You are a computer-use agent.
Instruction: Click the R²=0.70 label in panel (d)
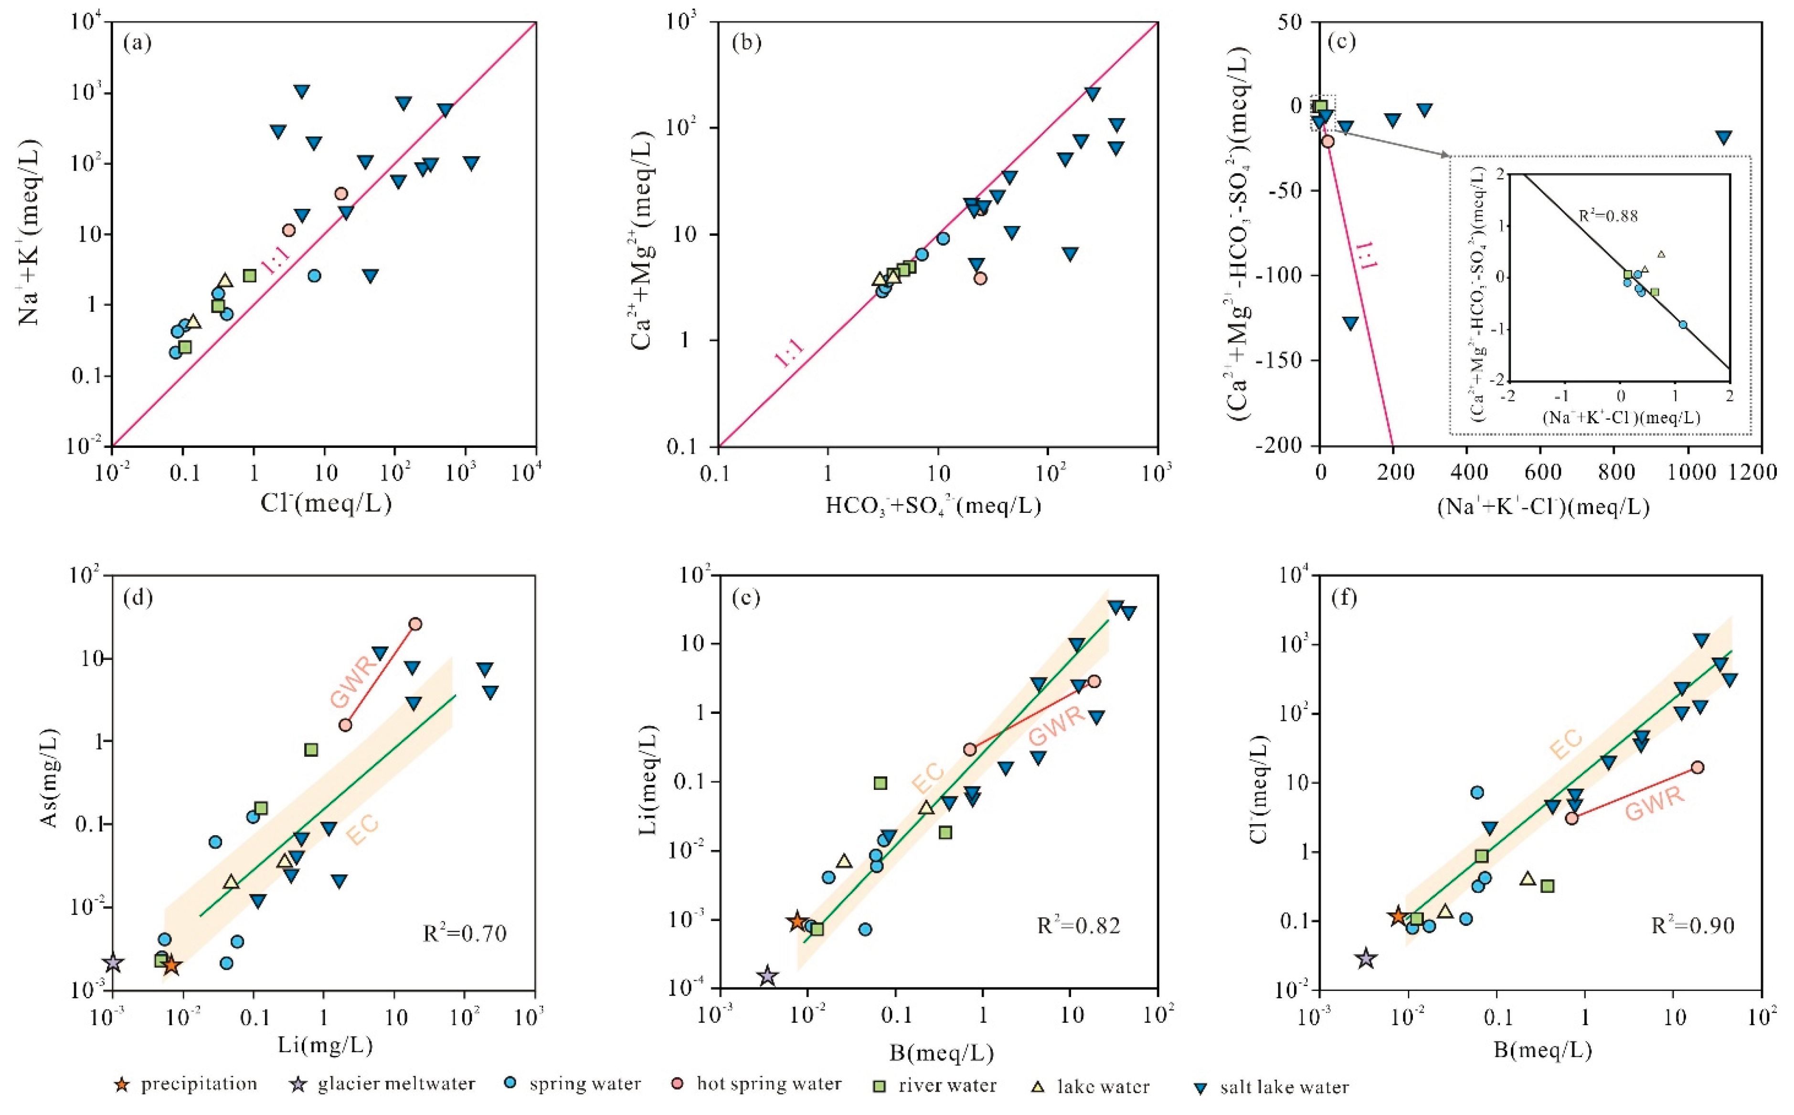click(x=465, y=934)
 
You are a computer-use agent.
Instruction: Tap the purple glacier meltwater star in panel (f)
click(x=1366, y=959)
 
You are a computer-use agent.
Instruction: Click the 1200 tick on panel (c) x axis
click(x=1760, y=470)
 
